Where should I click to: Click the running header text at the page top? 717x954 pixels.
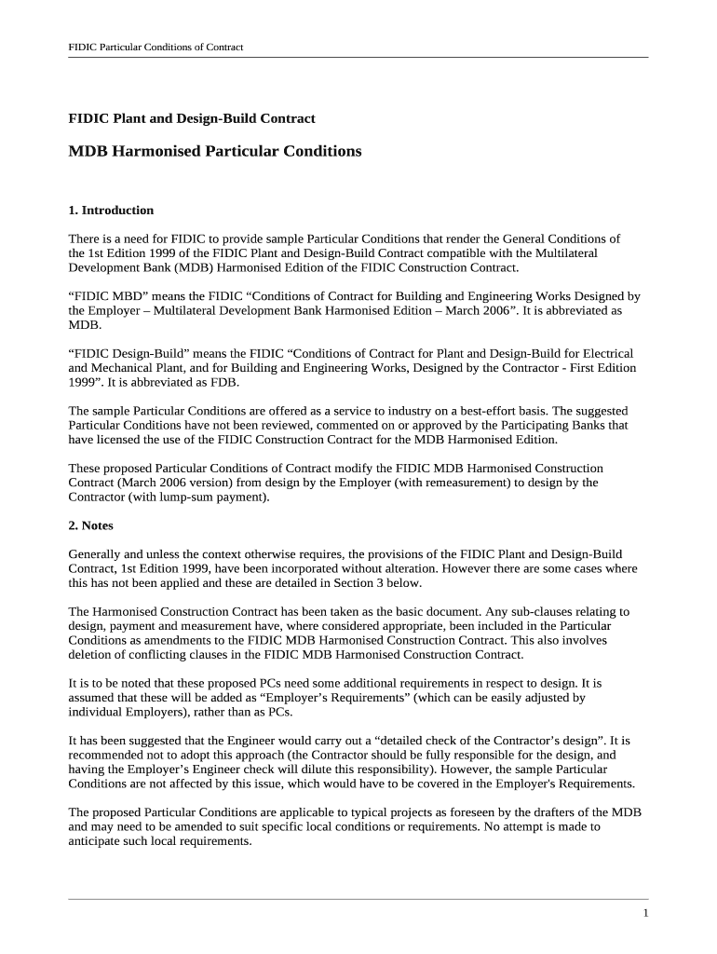coord(156,47)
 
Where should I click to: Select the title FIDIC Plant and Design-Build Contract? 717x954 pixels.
coord(192,118)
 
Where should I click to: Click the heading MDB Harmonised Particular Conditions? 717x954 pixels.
coord(215,151)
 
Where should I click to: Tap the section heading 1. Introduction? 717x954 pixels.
coord(111,210)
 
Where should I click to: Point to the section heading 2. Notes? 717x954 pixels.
coord(91,525)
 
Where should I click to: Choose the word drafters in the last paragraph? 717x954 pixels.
coord(549,812)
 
